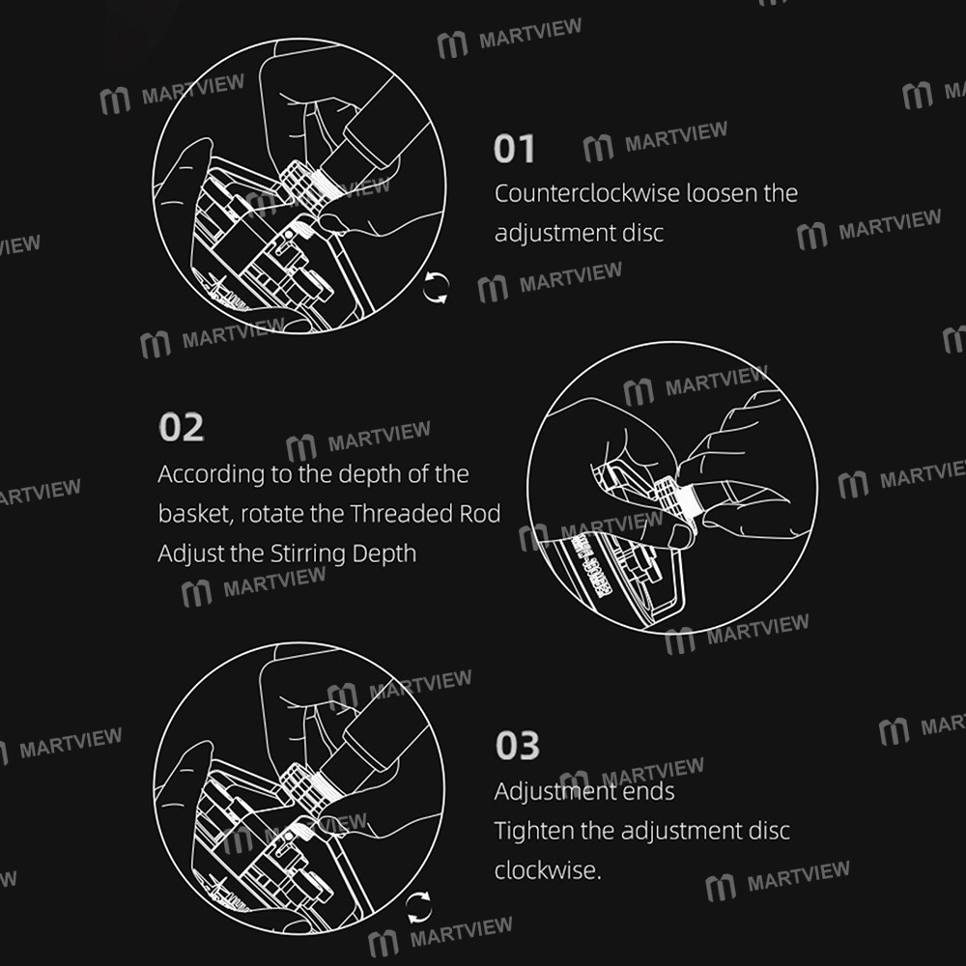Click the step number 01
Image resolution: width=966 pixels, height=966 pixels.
pos(513,149)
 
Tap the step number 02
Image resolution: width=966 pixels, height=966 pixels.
pos(181,428)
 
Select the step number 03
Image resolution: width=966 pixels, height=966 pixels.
pos(517,746)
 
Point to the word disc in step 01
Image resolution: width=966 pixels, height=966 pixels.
pos(643,234)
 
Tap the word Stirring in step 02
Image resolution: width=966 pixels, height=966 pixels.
pos(321,554)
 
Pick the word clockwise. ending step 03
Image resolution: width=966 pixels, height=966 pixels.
pos(547,869)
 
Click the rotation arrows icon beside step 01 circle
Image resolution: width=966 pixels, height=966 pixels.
pos(437,287)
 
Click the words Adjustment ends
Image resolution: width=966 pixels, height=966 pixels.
pos(584,792)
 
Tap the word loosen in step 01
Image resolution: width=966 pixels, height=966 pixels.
pos(721,193)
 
